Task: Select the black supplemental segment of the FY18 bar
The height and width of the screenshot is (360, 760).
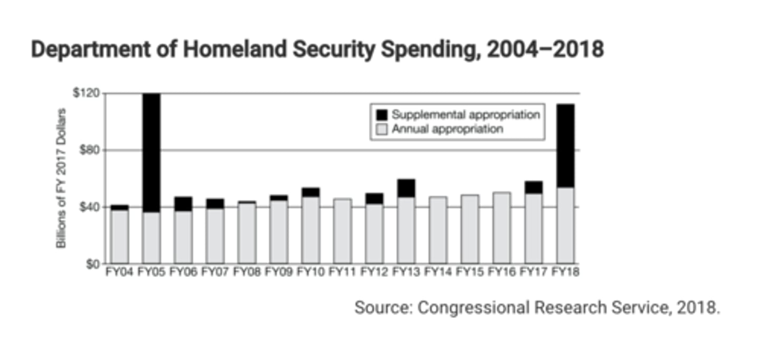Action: [566, 146]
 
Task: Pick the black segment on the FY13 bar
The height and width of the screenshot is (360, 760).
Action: [406, 188]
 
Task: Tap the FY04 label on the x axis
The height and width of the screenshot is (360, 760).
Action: [119, 272]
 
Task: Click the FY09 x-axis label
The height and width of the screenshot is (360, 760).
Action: [279, 272]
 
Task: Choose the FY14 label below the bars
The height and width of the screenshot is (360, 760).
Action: [438, 272]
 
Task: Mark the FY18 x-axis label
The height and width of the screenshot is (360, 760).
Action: [565, 272]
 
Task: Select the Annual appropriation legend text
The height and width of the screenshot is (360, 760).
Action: [446, 129]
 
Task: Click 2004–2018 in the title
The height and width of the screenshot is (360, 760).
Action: [545, 50]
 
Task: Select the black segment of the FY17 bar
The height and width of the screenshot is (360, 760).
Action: [534, 187]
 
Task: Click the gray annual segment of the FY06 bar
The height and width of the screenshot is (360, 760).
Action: [183, 238]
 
